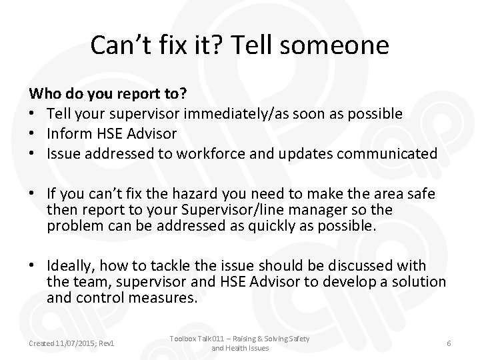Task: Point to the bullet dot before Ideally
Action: pos(31,266)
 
